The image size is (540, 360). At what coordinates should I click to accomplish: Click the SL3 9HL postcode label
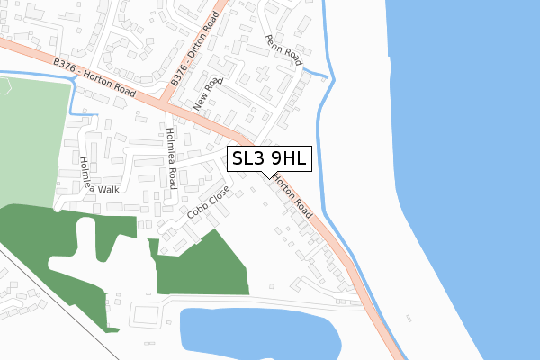270,159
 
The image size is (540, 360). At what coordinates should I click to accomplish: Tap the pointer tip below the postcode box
264,175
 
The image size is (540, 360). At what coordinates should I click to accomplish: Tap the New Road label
207,94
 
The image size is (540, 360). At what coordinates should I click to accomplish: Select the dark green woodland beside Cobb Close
207,265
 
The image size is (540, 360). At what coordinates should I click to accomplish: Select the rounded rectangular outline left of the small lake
149,314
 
